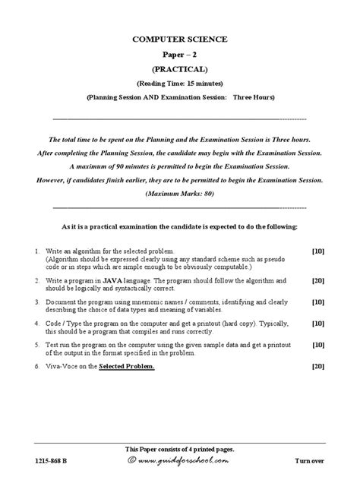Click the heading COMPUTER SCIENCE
coord(180,39)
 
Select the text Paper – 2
coord(180,54)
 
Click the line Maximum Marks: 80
coord(180,194)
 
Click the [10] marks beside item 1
coord(318,251)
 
